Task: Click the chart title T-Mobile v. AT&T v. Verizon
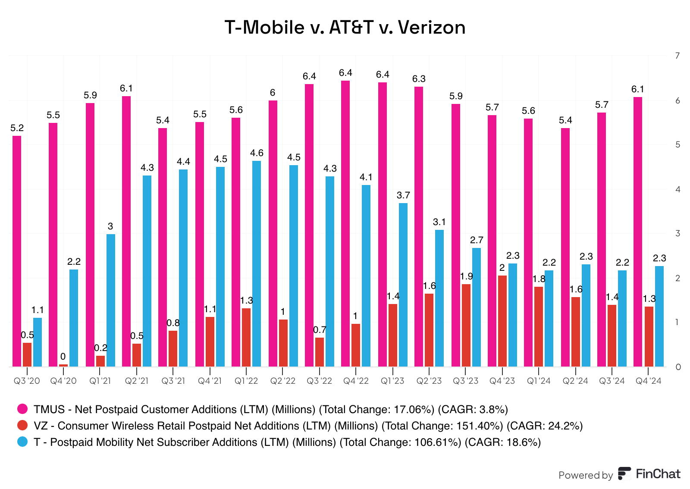tap(345, 27)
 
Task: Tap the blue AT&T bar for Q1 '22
tap(257, 263)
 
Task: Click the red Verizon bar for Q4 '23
tap(502, 321)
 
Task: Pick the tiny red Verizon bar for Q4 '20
tap(63, 365)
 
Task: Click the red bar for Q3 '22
tap(320, 352)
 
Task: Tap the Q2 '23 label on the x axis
tap(429, 381)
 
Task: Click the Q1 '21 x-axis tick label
tap(100, 381)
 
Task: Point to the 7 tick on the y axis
tap(678, 56)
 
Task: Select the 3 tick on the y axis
tap(678, 233)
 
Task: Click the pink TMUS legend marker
tap(22, 409)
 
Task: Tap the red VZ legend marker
tap(22, 425)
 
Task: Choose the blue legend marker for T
tap(22, 442)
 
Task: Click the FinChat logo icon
tap(624, 473)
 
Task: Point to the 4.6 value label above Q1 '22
tap(257, 153)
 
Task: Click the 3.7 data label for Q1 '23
tap(403, 195)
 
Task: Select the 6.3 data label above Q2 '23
tap(419, 79)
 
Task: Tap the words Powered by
tap(585, 475)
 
